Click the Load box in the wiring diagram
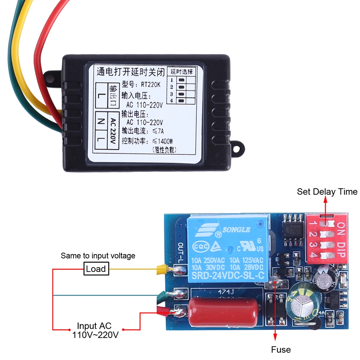(96, 269)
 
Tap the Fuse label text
(281, 349)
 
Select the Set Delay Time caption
(327, 192)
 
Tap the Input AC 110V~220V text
(95, 331)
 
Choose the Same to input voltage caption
(98, 256)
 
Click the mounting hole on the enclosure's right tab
(238, 147)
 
